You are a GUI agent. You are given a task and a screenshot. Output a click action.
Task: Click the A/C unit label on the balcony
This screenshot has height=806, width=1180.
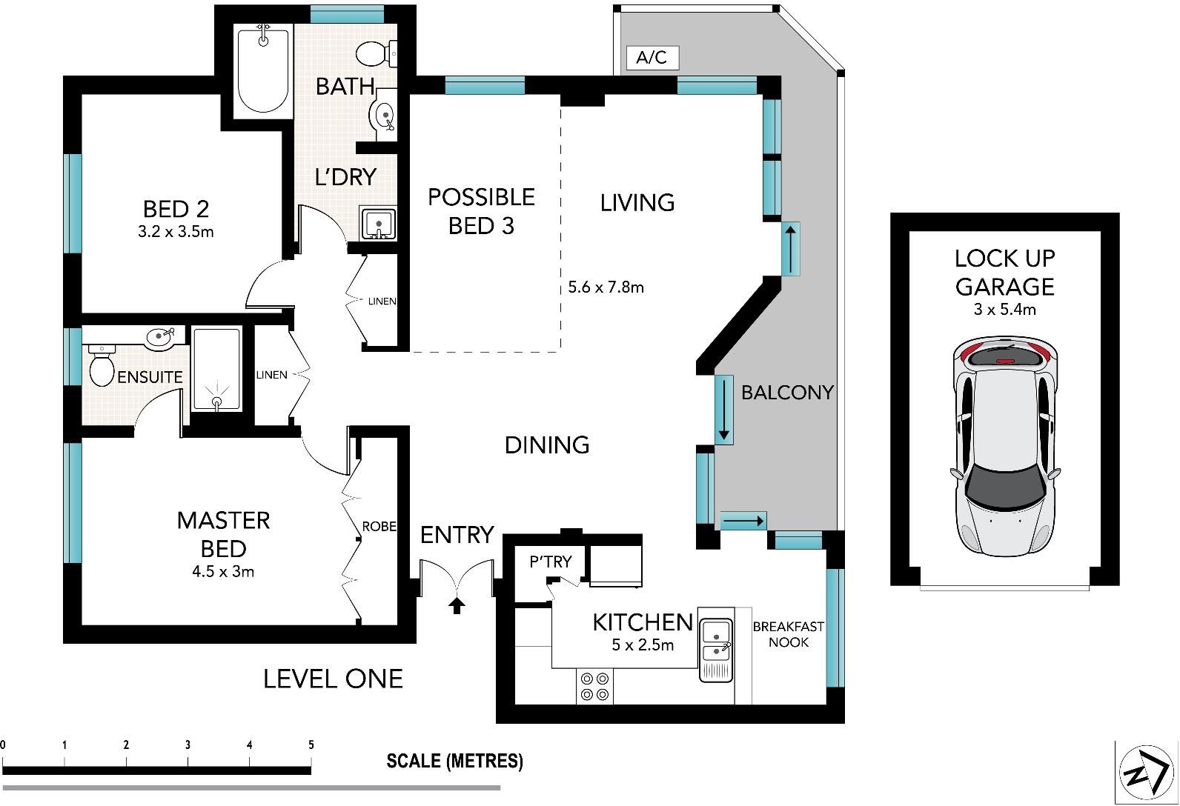[652, 57]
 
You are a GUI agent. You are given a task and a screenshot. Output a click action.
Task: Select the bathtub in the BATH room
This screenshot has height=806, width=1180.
[263, 70]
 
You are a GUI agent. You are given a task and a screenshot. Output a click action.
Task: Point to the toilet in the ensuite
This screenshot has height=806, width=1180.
[102, 366]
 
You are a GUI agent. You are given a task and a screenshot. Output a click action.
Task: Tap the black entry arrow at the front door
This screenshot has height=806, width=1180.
[457, 605]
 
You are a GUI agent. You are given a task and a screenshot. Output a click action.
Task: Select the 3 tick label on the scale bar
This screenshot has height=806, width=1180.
[188, 745]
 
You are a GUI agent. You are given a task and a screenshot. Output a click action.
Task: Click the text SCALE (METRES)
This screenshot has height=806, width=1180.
[454, 762]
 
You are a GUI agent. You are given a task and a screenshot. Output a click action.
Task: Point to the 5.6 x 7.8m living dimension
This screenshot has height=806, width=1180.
[606, 287]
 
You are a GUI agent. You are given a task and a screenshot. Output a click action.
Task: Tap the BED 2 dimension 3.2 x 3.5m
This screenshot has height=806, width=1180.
[176, 232]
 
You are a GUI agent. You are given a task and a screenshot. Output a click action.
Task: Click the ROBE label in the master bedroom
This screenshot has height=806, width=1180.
[379, 527]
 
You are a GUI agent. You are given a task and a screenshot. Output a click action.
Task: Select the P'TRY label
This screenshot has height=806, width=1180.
[551, 562]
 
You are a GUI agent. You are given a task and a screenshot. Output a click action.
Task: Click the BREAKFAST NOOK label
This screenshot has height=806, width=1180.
[788, 634]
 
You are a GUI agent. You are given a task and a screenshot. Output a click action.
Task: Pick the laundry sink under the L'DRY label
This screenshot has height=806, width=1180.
[378, 223]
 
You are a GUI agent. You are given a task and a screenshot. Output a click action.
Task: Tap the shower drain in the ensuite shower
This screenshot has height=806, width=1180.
[217, 402]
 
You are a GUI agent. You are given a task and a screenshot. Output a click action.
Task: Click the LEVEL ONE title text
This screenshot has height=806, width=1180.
[333, 679]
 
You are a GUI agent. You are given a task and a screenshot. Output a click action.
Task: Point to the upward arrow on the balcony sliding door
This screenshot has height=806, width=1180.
[791, 249]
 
